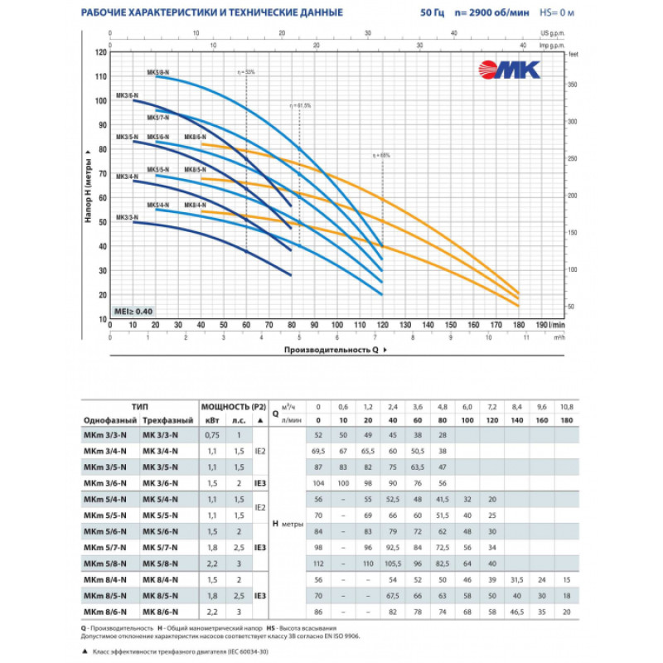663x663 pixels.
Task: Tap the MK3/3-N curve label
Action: [x=126, y=217]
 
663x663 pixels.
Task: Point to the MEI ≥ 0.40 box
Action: [x=133, y=311]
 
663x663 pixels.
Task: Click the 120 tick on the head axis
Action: [x=102, y=52]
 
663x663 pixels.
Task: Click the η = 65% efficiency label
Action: [x=381, y=155]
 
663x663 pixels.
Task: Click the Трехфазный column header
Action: [x=169, y=420]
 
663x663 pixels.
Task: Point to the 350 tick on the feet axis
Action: [x=571, y=85]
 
